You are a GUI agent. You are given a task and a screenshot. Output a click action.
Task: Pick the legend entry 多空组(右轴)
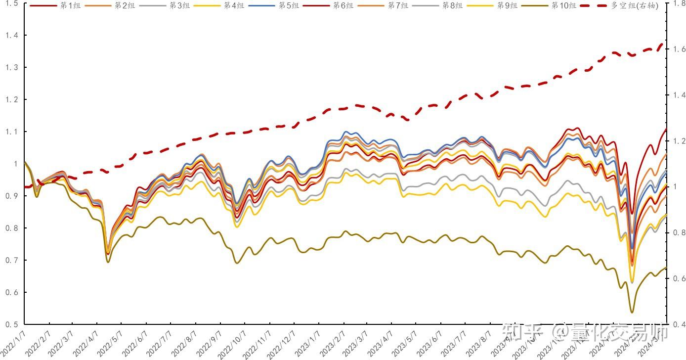point(635,6)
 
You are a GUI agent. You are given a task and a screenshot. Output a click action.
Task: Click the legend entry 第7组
point(396,6)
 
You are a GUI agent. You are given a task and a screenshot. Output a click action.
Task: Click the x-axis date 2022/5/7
point(110,342)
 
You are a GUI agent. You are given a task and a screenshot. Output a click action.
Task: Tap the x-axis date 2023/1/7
point(306,342)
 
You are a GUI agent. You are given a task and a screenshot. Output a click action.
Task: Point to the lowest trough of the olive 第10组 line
point(632,313)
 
